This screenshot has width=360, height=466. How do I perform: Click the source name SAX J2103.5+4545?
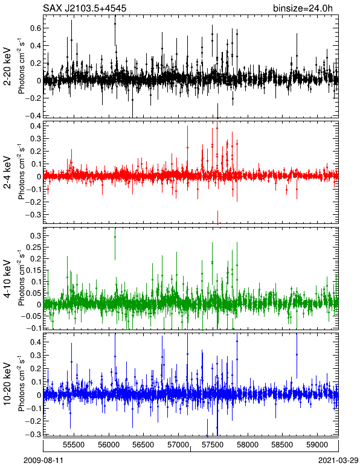point(85,8)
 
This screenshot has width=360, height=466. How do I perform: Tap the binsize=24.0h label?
point(303,8)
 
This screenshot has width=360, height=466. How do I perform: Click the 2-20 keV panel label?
point(7,66)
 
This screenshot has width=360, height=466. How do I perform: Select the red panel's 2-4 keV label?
point(7,173)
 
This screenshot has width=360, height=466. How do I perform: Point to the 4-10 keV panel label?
point(7,279)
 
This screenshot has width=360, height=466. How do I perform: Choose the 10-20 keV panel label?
point(7,384)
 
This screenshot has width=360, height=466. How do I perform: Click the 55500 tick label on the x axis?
point(74,445)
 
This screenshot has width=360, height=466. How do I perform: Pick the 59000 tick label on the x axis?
point(317,445)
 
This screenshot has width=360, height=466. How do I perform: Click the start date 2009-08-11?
point(43,461)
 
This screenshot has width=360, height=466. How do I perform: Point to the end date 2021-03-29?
point(338,461)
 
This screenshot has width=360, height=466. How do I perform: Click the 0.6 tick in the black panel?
point(36,28)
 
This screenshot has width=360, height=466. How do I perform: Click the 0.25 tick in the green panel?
point(34,247)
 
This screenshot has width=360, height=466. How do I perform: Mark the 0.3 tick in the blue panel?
point(36,356)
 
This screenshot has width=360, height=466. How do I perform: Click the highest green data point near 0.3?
point(115,237)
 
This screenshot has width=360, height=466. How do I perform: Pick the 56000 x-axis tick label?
point(109,445)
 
